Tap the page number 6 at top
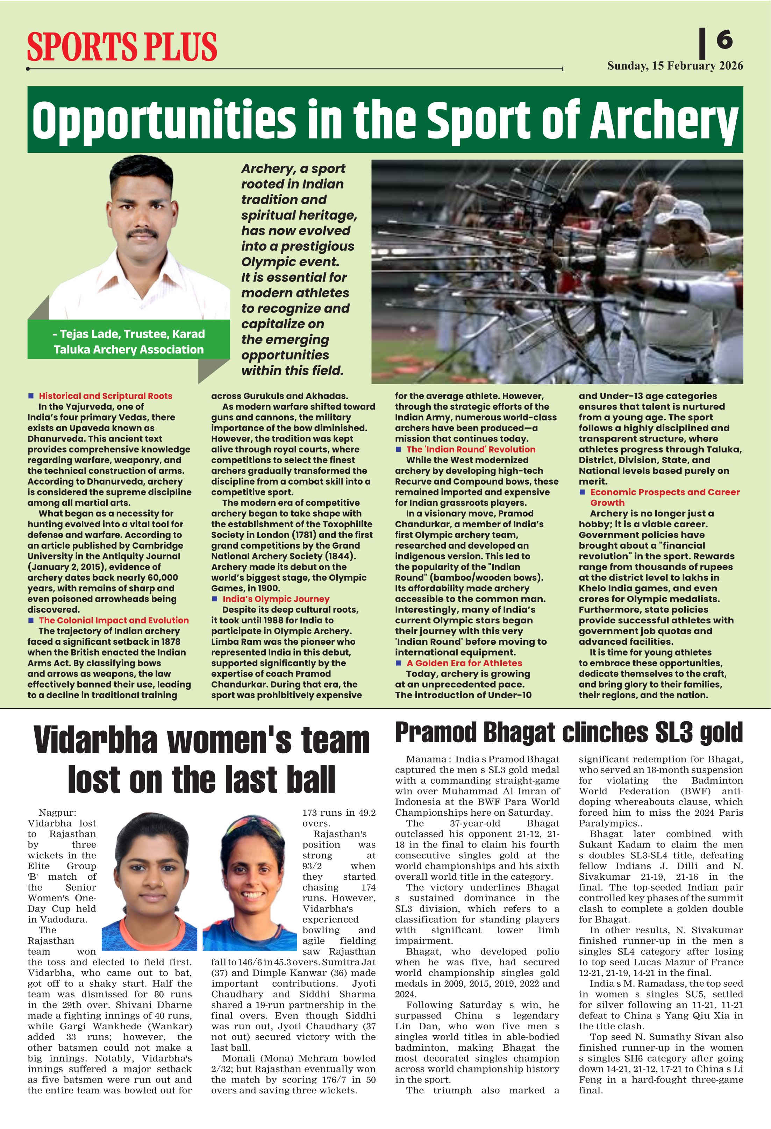pos(724,40)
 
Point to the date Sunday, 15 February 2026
pos(675,66)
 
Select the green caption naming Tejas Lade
pos(128,342)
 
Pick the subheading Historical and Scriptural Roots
pos(106,396)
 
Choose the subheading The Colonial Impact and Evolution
pos(114,620)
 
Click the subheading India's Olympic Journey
pos(276,599)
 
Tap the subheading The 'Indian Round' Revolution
pos(470,449)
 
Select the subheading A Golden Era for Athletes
pos(464,663)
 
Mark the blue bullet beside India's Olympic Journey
pos(215,599)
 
